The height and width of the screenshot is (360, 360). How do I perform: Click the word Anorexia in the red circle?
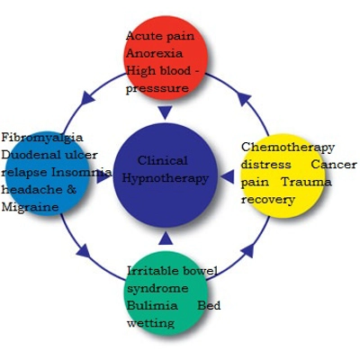click(x=149, y=52)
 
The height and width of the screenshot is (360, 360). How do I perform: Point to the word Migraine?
click(x=30, y=206)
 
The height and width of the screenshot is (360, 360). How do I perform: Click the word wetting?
click(x=149, y=323)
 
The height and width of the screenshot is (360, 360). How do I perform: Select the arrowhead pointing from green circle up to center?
click(x=165, y=238)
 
